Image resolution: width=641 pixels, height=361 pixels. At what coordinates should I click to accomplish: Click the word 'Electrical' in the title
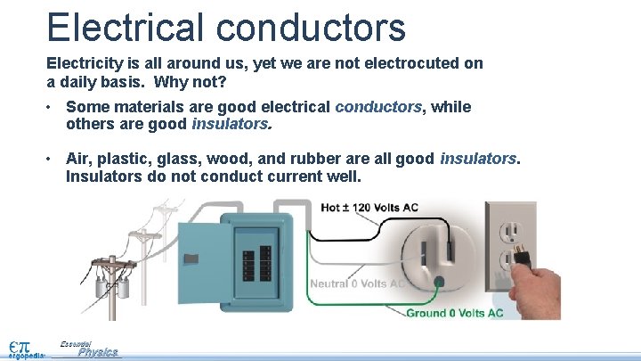tap(124, 27)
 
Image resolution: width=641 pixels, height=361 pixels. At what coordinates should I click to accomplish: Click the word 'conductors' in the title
tap(309, 27)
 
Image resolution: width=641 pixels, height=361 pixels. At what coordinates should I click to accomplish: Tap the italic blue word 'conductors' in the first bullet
tap(378, 108)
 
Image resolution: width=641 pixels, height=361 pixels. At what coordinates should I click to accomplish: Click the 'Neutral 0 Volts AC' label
tap(358, 284)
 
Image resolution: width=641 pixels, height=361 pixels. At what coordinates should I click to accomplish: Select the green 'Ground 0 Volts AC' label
tap(455, 313)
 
